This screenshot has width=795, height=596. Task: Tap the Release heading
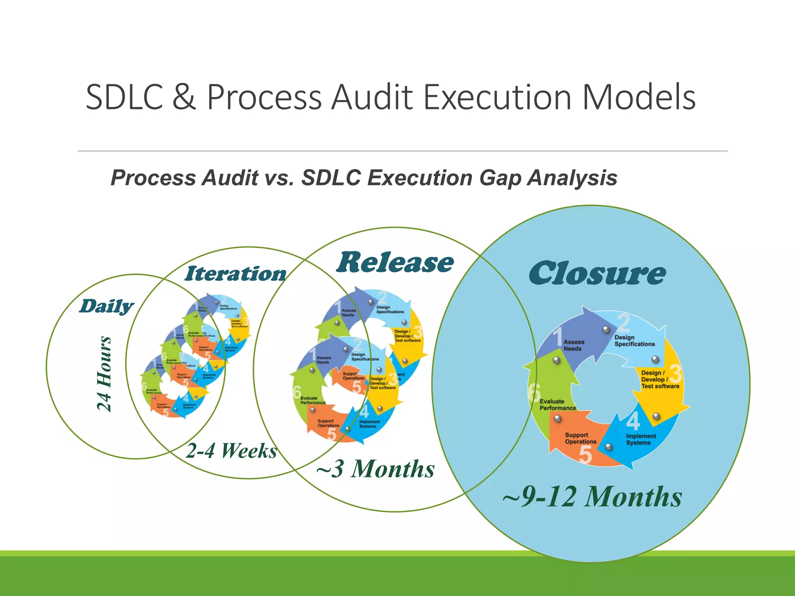point(394,263)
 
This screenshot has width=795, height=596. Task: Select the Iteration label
point(236,274)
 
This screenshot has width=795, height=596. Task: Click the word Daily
point(106,306)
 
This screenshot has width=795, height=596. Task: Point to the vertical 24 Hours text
point(104,373)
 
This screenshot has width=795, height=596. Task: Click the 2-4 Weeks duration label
point(231,451)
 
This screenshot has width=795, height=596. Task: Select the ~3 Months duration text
point(375,469)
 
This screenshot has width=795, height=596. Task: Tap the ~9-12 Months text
point(592,497)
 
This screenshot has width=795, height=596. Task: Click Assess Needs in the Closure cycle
point(573,345)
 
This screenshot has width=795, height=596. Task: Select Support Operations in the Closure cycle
point(580,438)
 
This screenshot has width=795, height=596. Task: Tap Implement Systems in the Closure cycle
point(641,439)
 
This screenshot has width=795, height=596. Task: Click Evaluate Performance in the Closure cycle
point(557,404)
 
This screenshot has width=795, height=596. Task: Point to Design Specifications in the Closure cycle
point(634,341)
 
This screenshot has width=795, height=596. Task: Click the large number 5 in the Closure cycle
point(585,454)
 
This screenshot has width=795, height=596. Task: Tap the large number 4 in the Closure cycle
point(633,421)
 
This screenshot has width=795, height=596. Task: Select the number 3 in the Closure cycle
point(676,373)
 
